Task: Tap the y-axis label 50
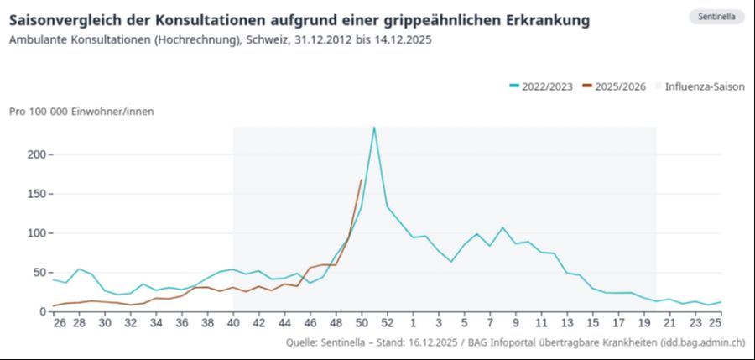(37, 272)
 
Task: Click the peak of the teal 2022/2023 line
(374, 128)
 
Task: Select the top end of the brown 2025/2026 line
(362, 180)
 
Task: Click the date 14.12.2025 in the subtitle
(402, 39)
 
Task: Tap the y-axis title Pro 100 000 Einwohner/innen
(81, 111)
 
